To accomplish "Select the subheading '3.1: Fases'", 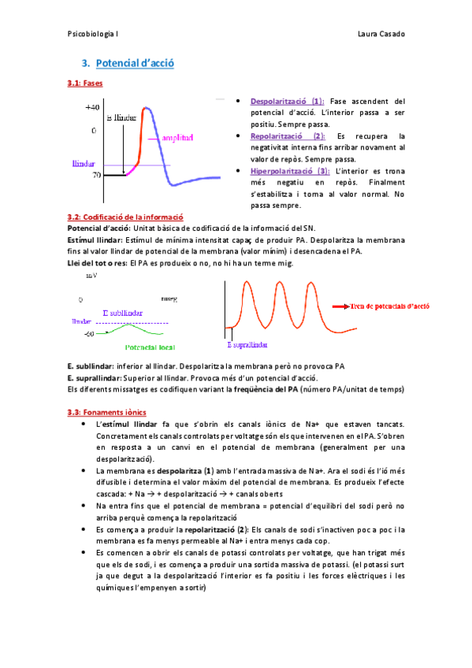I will (x=85, y=82).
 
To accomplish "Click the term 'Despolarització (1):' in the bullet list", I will (x=286, y=102).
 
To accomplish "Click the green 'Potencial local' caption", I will (x=150, y=346).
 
